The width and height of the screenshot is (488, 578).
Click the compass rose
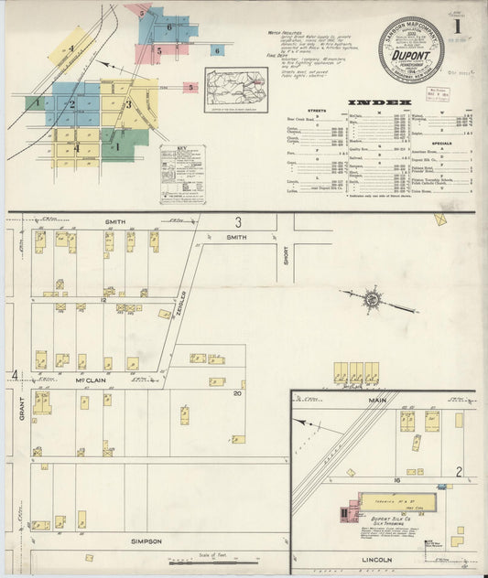[373, 298]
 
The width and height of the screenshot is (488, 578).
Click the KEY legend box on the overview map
[179, 172]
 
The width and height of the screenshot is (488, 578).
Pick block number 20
[236, 393]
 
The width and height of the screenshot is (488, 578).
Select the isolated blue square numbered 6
[217, 50]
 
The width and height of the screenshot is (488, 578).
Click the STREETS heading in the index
[318, 112]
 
